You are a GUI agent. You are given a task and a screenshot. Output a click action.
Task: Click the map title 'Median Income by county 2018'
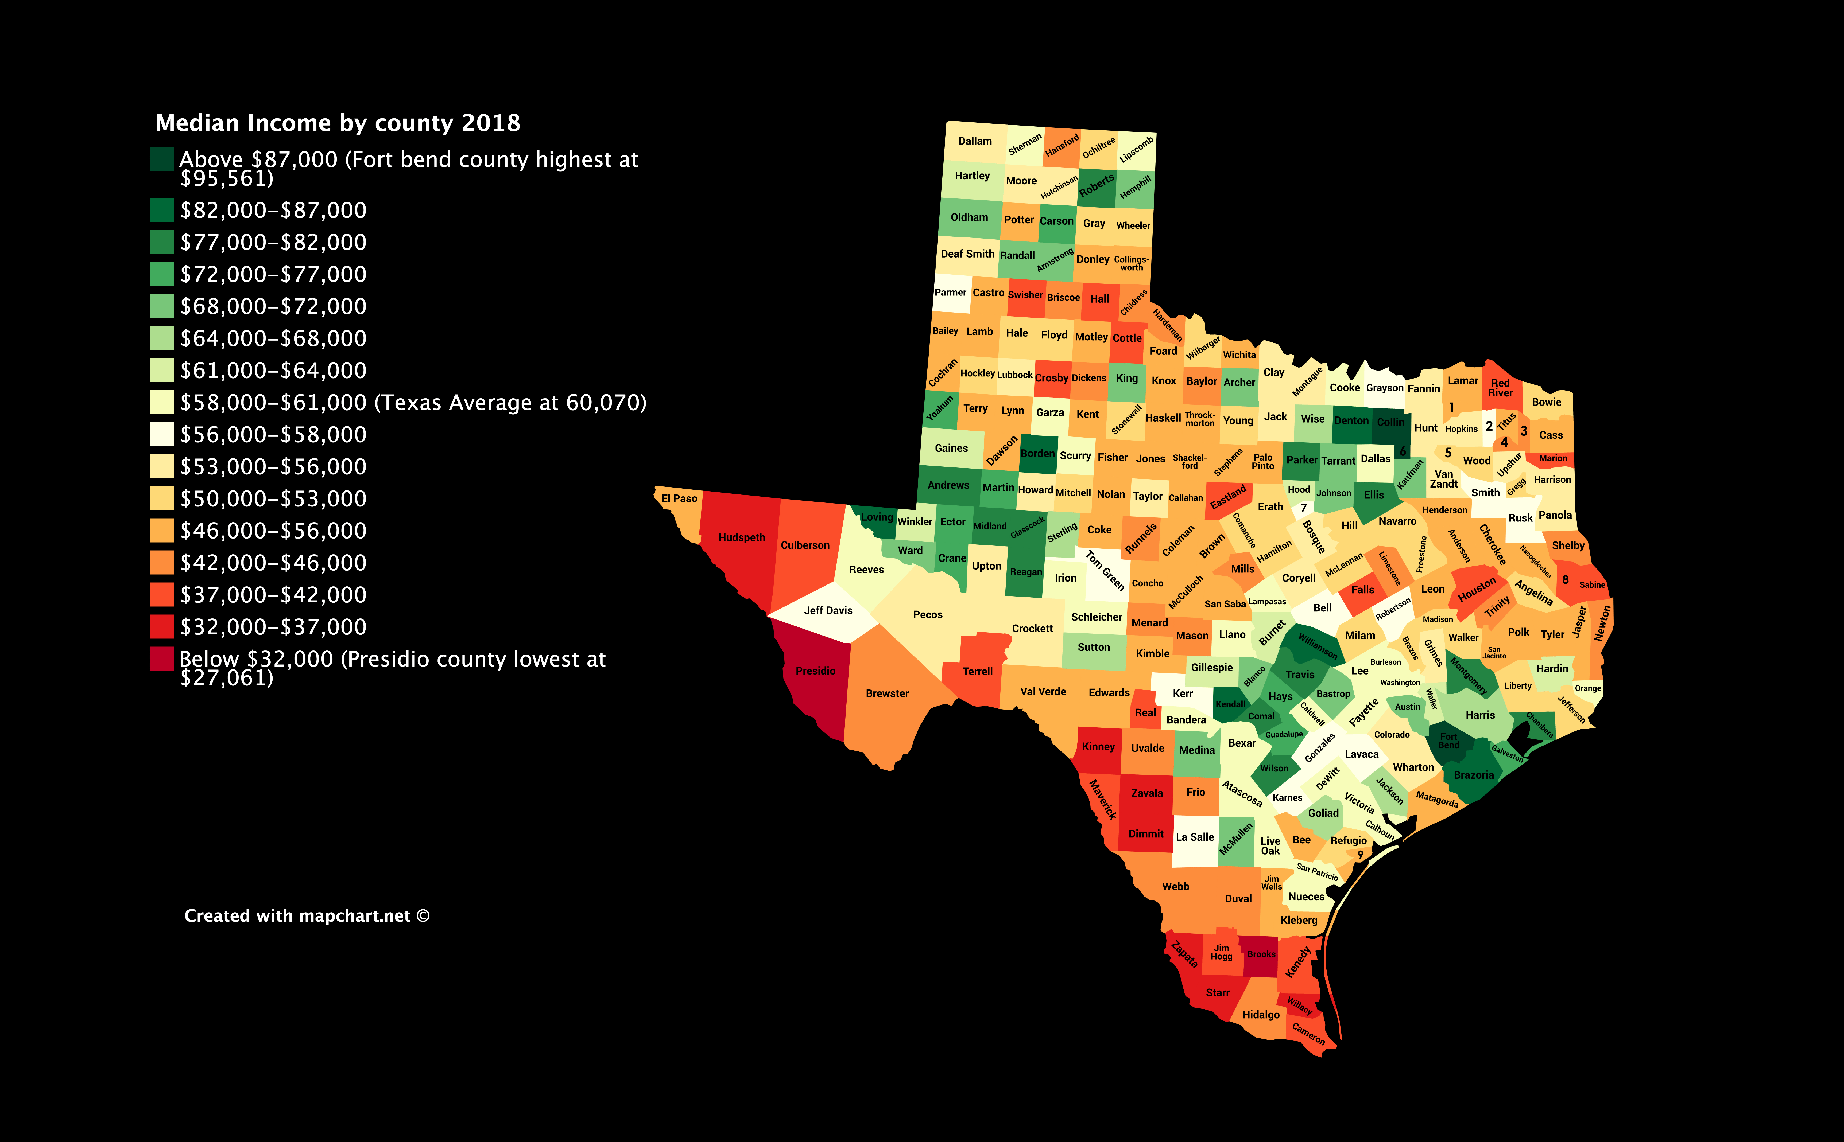(x=338, y=123)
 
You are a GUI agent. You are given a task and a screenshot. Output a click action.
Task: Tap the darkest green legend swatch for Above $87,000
(x=162, y=159)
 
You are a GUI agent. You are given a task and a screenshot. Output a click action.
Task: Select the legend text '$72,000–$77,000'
(x=273, y=274)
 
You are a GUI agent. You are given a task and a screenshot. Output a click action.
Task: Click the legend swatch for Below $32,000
(x=162, y=658)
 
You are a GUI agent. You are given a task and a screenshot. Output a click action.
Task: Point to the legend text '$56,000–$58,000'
(x=273, y=434)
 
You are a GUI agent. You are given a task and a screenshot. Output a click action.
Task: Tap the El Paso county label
(x=679, y=498)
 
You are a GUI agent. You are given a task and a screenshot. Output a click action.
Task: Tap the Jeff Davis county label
(x=828, y=610)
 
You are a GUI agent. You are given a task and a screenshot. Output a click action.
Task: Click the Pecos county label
(x=928, y=615)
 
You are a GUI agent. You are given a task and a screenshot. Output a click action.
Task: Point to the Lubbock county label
(x=1014, y=375)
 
